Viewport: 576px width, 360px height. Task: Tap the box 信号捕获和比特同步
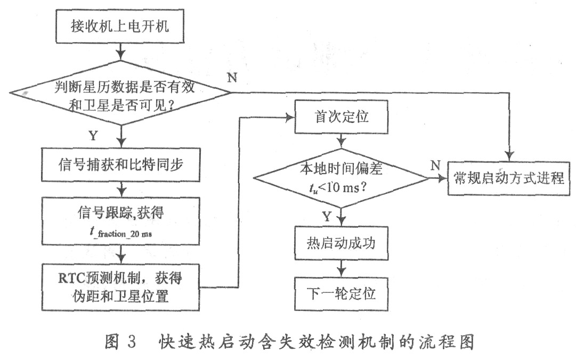(123, 163)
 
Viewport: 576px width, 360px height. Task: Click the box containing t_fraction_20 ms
(123, 223)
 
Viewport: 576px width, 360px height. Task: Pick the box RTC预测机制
(123, 287)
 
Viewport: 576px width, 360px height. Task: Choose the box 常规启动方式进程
(508, 178)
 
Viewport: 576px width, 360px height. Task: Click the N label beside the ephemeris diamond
(232, 77)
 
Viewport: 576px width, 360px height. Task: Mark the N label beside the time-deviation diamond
(435, 166)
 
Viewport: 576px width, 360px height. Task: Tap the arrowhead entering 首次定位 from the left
(290, 117)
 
